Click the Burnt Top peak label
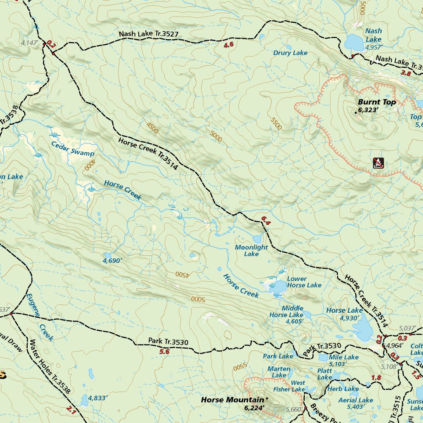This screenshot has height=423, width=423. (377, 102)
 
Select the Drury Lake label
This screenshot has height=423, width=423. (290, 53)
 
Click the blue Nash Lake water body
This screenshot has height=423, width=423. (353, 42)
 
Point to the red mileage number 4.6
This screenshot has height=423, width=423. (228, 45)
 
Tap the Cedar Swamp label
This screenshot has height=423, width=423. (72, 149)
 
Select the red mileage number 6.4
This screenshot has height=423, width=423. (265, 223)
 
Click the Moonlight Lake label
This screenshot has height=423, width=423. (251, 250)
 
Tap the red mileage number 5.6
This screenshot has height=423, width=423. (164, 352)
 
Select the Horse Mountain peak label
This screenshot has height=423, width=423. (232, 400)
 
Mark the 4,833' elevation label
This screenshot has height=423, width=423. (97, 398)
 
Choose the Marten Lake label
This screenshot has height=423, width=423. (279, 372)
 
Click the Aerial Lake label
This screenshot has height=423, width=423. (356, 400)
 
